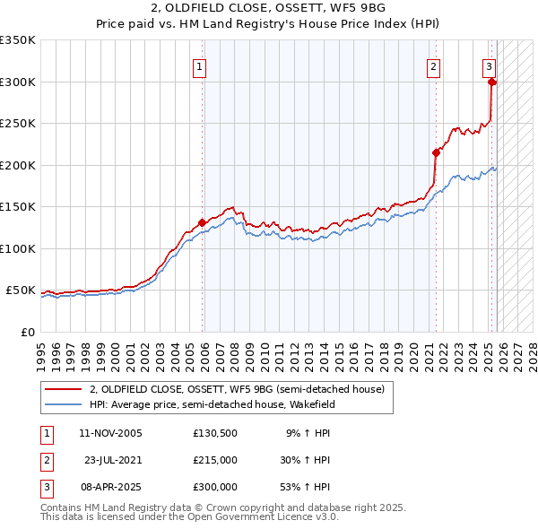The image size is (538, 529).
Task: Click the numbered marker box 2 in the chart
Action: [x=433, y=65]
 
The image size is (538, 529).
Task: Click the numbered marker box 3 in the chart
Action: [x=489, y=65]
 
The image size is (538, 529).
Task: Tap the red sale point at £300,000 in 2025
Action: [x=492, y=82]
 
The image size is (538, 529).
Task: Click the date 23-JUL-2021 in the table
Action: [x=113, y=460]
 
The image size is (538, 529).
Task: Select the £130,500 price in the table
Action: [x=214, y=433]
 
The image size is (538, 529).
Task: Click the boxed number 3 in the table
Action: [x=45, y=487]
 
